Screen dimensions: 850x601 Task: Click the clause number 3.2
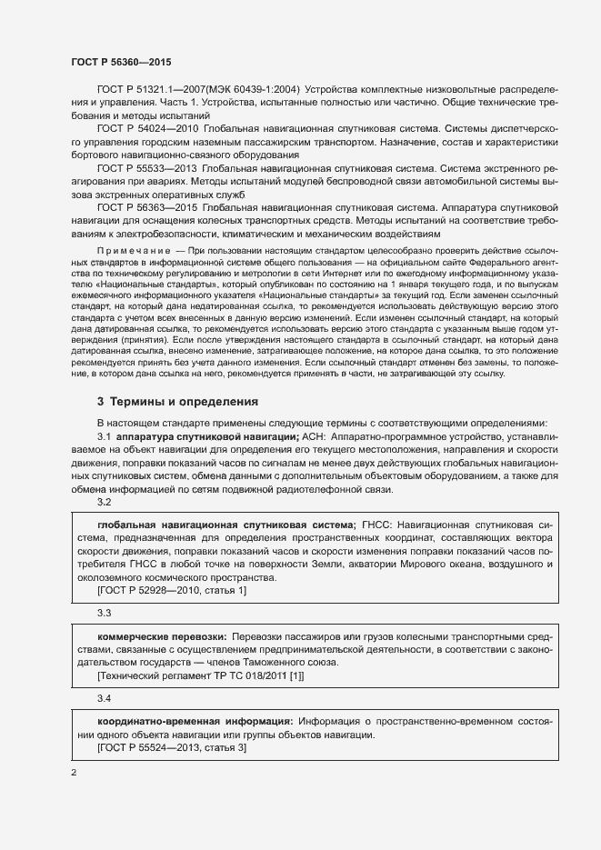pos(104,502)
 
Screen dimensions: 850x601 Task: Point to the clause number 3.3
pos(104,615)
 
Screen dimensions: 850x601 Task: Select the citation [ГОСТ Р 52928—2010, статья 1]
pos(171,591)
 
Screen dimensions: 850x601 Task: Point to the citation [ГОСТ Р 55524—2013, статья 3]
pos(171,746)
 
